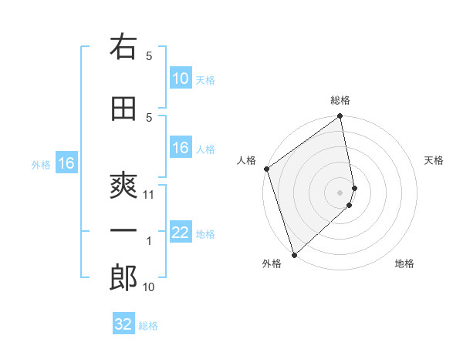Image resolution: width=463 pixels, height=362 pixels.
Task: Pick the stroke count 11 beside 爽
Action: (x=150, y=195)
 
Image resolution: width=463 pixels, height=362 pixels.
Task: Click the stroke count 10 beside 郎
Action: (x=150, y=287)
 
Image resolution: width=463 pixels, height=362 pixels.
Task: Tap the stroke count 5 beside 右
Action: (x=150, y=55)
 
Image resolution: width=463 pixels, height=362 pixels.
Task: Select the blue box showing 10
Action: (x=181, y=79)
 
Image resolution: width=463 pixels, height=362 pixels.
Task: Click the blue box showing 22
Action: (x=181, y=233)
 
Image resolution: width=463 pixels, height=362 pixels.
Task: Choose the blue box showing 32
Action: (x=123, y=324)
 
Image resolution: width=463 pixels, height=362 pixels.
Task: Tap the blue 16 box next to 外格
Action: (x=66, y=163)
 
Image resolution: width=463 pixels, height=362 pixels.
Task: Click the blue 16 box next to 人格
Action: (x=181, y=149)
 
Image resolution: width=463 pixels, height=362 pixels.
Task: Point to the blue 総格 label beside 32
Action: (x=148, y=326)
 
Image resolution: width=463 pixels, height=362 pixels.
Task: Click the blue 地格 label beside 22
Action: (x=205, y=234)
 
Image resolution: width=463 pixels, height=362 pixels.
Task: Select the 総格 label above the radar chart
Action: (x=340, y=100)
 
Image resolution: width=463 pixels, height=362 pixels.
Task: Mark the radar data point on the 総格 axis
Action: (x=340, y=117)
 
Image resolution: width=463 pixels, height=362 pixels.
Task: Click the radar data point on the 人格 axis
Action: (x=266, y=169)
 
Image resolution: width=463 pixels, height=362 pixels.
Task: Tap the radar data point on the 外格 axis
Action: (x=294, y=254)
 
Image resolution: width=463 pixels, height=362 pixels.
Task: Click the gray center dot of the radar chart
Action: (x=340, y=192)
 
